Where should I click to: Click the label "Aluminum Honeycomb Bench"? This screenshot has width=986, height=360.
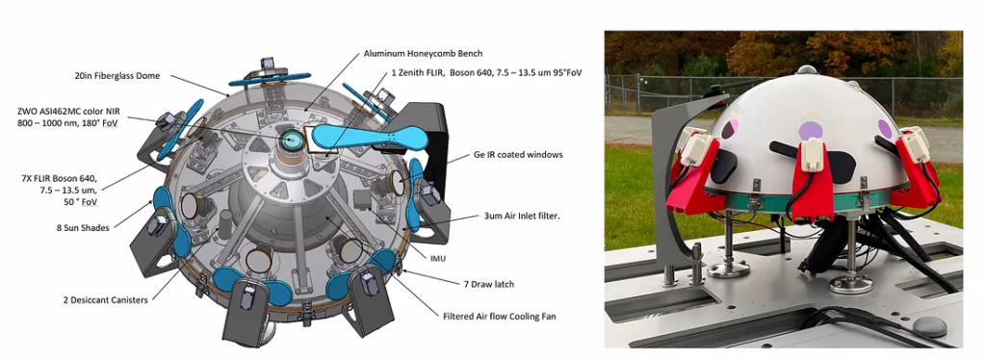[424, 53]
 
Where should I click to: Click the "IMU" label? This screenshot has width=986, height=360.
[438, 258]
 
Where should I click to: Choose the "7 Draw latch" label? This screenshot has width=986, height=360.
[486, 285]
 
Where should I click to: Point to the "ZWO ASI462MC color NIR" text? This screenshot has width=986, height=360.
[67, 111]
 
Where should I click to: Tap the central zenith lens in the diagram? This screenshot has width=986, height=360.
[290, 141]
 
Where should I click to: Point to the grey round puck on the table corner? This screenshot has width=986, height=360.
[930, 326]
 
